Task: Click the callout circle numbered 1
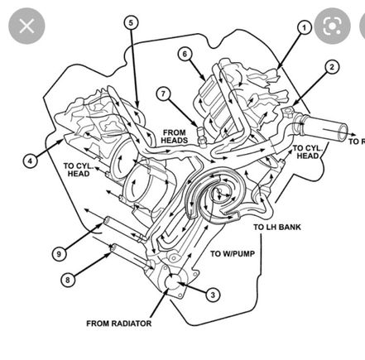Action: [304, 27]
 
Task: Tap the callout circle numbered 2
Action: [332, 68]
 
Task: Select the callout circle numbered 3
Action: [214, 294]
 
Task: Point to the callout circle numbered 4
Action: [30, 161]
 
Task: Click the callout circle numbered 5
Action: [131, 22]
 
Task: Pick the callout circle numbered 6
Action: [185, 54]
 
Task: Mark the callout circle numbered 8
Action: [66, 279]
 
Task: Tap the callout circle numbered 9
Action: [60, 253]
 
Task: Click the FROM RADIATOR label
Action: [118, 324]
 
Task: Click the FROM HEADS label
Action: [174, 137]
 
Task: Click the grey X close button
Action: [26, 26]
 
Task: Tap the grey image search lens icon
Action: [333, 26]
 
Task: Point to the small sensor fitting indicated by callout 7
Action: [199, 134]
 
